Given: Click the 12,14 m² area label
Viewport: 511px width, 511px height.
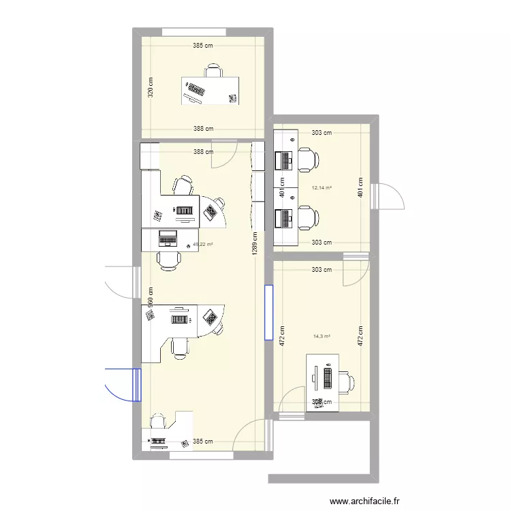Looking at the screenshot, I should (321, 188).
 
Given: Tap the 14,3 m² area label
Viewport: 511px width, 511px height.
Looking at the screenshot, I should (322, 336).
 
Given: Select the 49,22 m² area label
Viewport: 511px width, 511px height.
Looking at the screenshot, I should (203, 245).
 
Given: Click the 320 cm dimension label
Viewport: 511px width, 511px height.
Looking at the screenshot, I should (151, 86).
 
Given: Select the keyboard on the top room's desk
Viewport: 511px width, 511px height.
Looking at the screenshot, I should (196, 89).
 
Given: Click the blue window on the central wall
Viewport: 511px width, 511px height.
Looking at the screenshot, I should (268, 312).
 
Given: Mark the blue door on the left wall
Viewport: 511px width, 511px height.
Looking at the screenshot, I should (123, 384).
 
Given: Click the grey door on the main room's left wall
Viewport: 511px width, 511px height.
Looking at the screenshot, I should (121, 281).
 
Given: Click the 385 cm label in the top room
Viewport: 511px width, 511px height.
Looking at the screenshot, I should (203, 47).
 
